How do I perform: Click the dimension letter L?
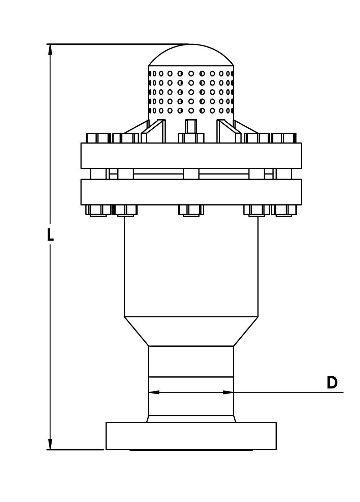(x=50, y=235)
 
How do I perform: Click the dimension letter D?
(x=332, y=383)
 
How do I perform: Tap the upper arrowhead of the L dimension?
(x=50, y=50)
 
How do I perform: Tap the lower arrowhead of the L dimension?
(x=50, y=444)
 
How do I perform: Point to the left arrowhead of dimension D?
(x=154, y=392)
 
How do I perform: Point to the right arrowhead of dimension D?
(x=228, y=392)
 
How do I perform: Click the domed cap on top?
(x=191, y=56)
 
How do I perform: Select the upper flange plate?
(x=191, y=156)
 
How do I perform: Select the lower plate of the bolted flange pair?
(x=191, y=192)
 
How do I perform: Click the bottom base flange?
(x=191, y=436)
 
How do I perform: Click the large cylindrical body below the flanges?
(x=191, y=266)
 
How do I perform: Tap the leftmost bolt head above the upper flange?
(x=98, y=138)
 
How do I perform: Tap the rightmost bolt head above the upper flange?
(x=284, y=138)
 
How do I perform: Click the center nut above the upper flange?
(x=191, y=138)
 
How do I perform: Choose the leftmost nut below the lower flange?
(x=98, y=210)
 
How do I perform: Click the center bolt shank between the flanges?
(x=191, y=174)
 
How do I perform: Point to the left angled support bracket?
(x=153, y=131)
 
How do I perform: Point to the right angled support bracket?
(x=229, y=131)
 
